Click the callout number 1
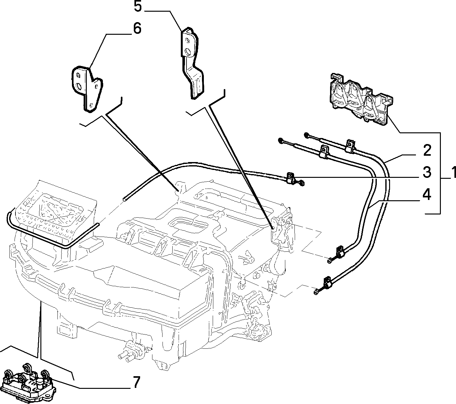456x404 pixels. tap(453, 172)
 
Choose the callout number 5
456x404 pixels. tap(138, 6)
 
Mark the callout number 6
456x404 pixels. tap(137, 29)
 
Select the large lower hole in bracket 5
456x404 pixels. tap(187, 52)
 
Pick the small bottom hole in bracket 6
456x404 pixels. tap(91, 105)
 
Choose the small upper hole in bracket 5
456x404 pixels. tap(187, 40)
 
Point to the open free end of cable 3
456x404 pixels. tap(124, 199)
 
